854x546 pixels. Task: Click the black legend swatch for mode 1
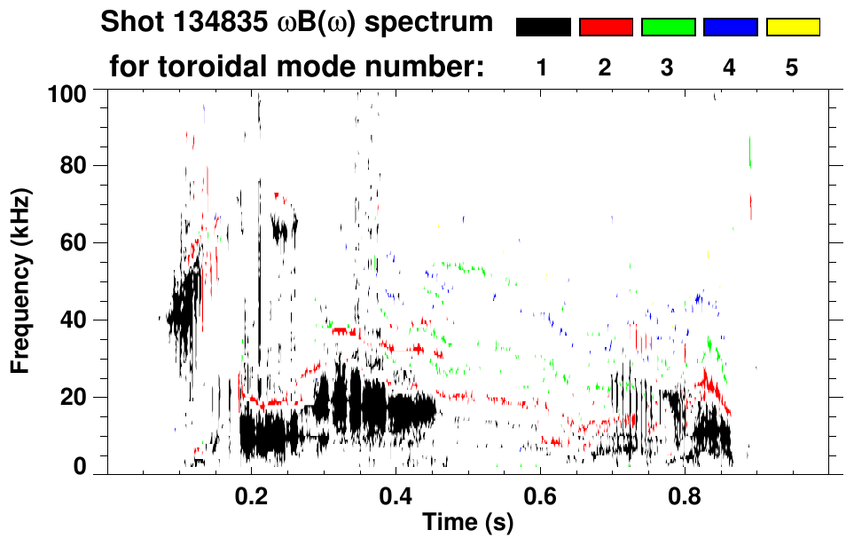pyautogui.click(x=543, y=27)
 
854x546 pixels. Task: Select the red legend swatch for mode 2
pyautogui.click(x=606, y=27)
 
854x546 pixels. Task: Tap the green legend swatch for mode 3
pyautogui.click(x=668, y=27)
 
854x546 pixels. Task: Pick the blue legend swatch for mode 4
pyautogui.click(x=730, y=27)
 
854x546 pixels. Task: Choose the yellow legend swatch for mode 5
pyautogui.click(x=793, y=27)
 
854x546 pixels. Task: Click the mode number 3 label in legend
pyautogui.click(x=668, y=67)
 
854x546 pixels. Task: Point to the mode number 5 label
pyautogui.click(x=793, y=67)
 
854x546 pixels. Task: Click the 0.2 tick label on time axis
pyautogui.click(x=251, y=495)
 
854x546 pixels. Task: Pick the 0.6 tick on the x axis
pyautogui.click(x=539, y=495)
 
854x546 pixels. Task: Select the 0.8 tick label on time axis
pyautogui.click(x=684, y=495)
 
